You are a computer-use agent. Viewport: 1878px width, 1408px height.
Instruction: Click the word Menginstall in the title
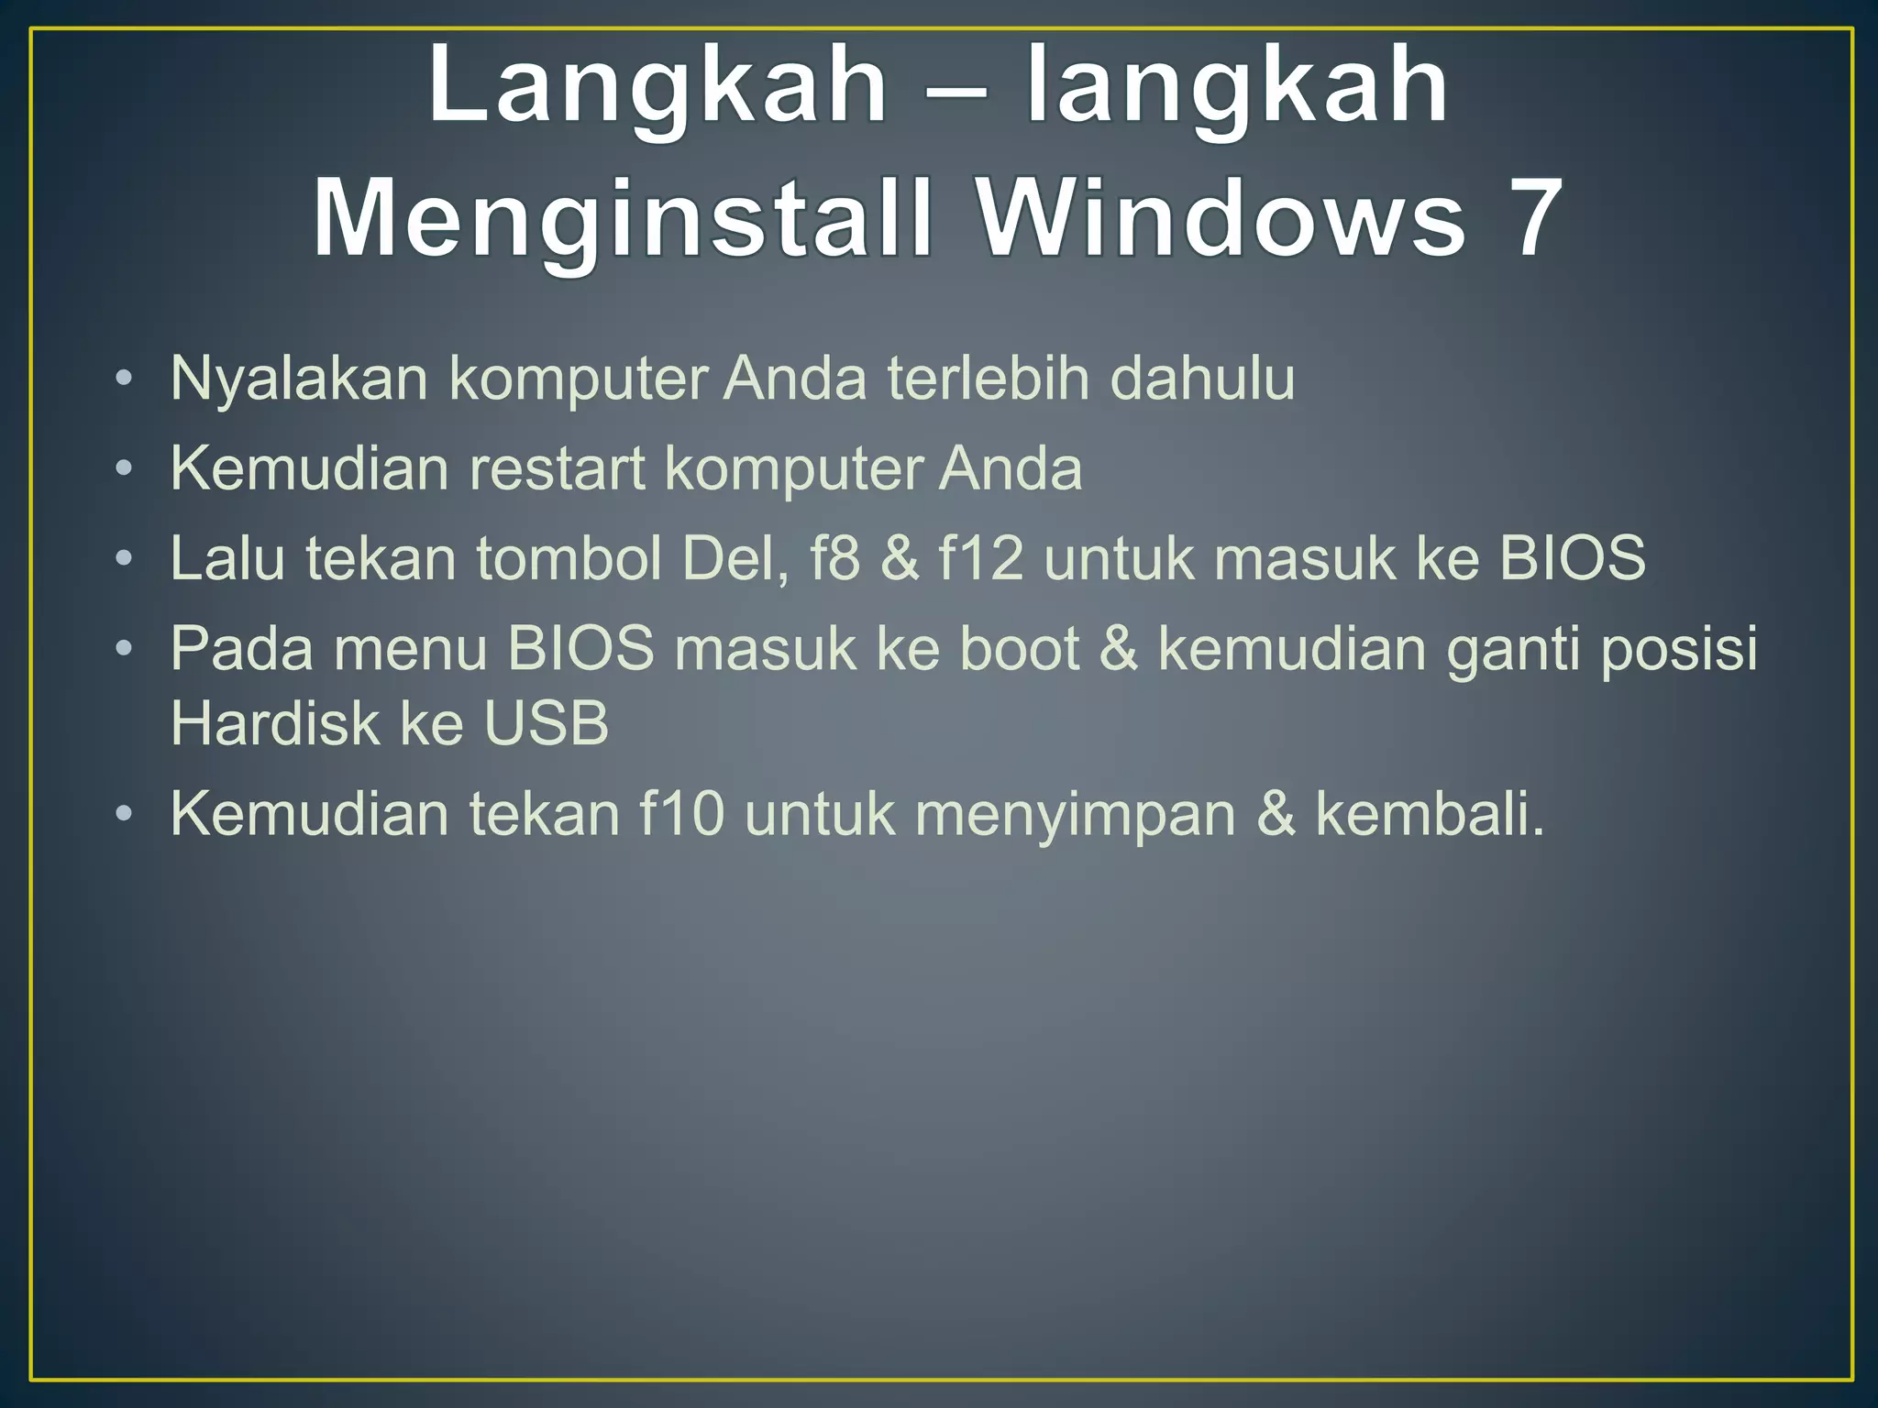coord(623,220)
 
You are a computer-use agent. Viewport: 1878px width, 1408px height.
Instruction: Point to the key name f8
coord(835,557)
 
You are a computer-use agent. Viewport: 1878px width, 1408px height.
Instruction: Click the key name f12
coord(980,557)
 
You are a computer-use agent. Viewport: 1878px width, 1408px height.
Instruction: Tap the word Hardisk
coord(274,723)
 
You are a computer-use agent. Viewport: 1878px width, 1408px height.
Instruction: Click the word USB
coord(546,723)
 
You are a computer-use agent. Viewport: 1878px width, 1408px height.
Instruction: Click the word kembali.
coord(1430,813)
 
